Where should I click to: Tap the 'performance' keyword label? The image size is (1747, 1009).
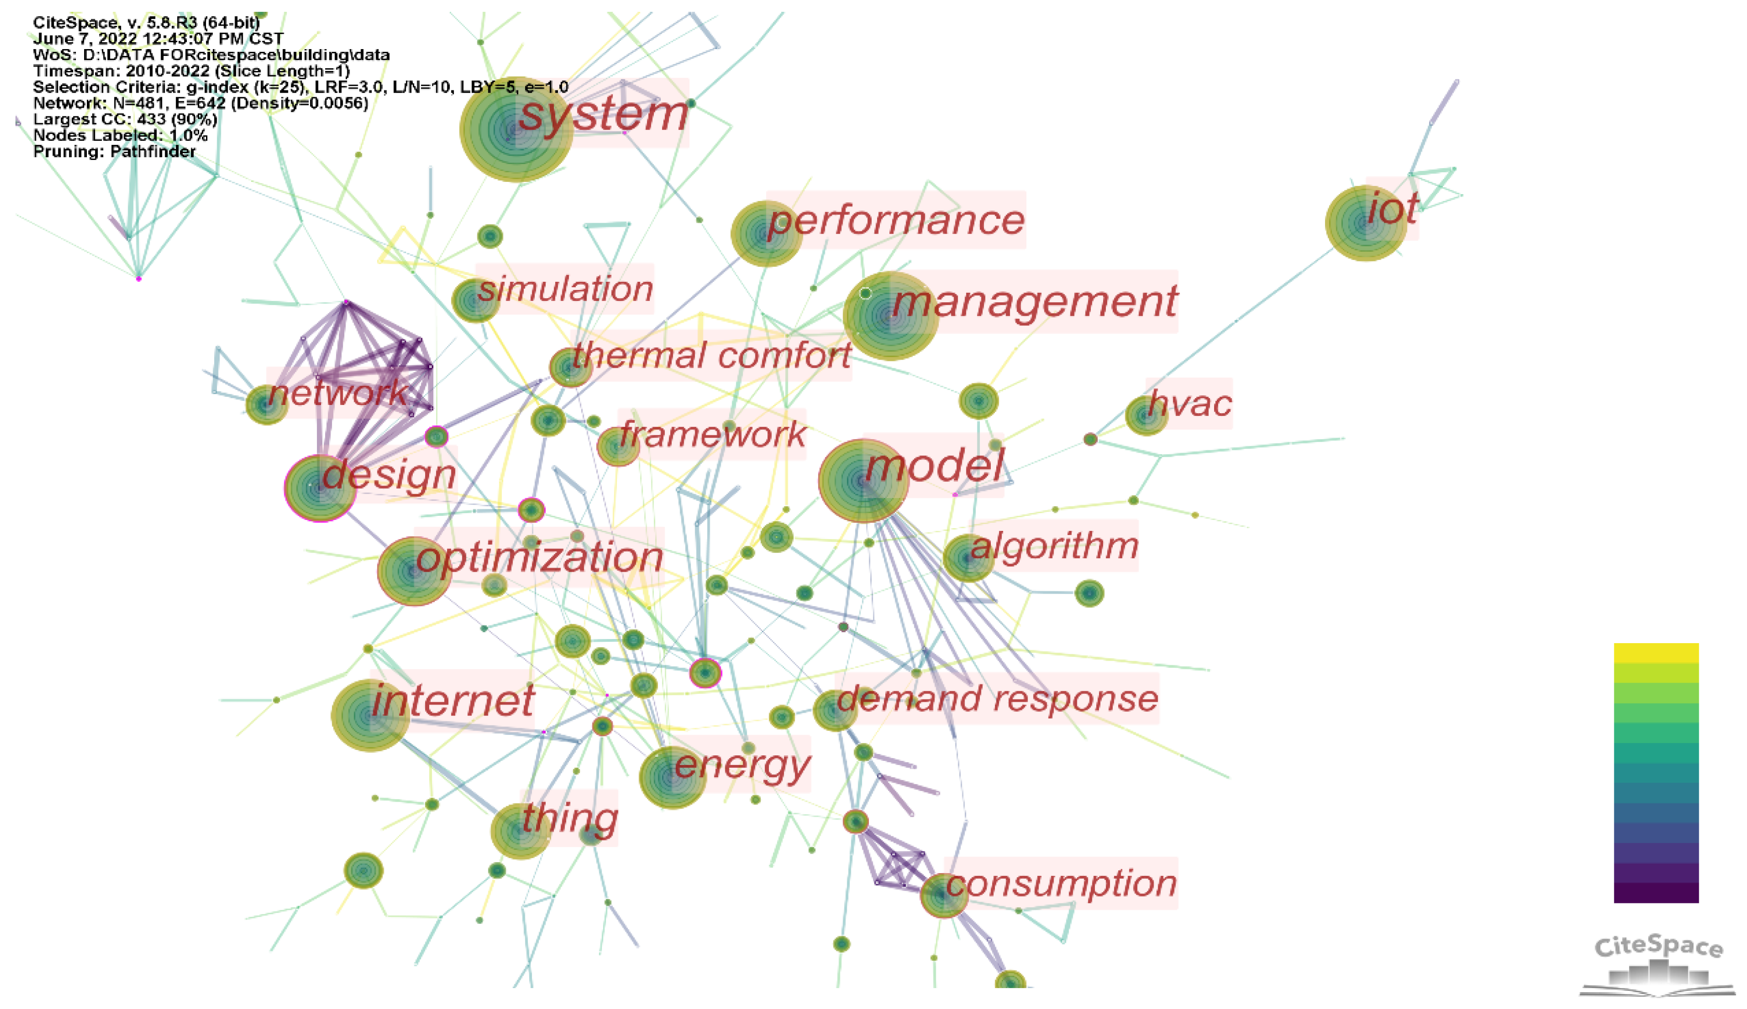pos(896,220)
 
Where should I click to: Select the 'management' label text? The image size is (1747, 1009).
pos(1035,301)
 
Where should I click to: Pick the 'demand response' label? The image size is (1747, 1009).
pos(997,699)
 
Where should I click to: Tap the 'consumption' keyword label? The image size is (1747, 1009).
pos(1061,884)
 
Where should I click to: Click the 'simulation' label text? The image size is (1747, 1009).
pos(565,288)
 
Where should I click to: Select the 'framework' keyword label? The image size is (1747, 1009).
pos(713,435)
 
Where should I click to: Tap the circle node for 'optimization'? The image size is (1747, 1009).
pos(414,571)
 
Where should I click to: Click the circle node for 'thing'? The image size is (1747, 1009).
pos(519,830)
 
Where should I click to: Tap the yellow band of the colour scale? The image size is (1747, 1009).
pos(1656,652)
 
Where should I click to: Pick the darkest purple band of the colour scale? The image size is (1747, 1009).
pos(1656,893)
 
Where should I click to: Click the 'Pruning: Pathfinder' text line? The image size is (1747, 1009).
pos(115,151)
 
